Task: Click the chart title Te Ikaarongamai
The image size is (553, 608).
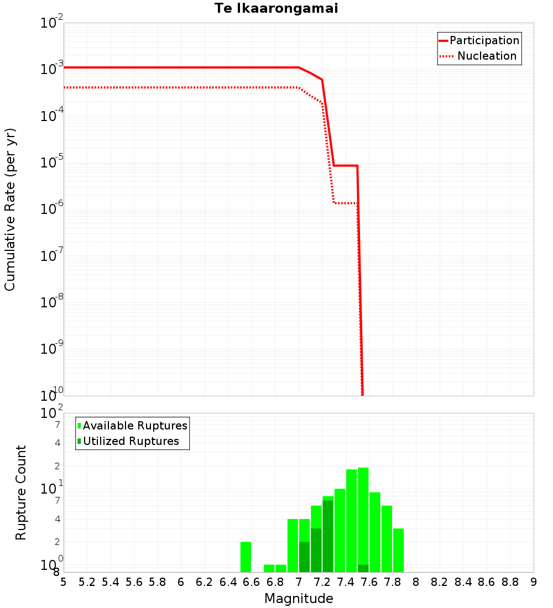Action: tap(276, 8)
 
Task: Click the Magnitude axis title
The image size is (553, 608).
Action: tap(299, 599)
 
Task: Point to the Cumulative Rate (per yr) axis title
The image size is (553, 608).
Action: tap(10, 209)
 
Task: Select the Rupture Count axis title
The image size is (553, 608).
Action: tap(21, 492)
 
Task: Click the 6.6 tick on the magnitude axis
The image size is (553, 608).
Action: tap(252, 582)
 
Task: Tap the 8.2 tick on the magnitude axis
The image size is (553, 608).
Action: tap(440, 582)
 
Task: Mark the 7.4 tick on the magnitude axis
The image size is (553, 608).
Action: tap(346, 582)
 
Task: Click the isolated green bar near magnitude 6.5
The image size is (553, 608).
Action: tap(246, 557)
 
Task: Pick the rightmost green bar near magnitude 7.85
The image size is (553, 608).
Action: tap(398, 550)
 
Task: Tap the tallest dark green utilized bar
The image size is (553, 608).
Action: tap(328, 536)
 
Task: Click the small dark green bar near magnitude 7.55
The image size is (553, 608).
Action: tap(363, 568)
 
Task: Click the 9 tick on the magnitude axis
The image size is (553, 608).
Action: tap(534, 582)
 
